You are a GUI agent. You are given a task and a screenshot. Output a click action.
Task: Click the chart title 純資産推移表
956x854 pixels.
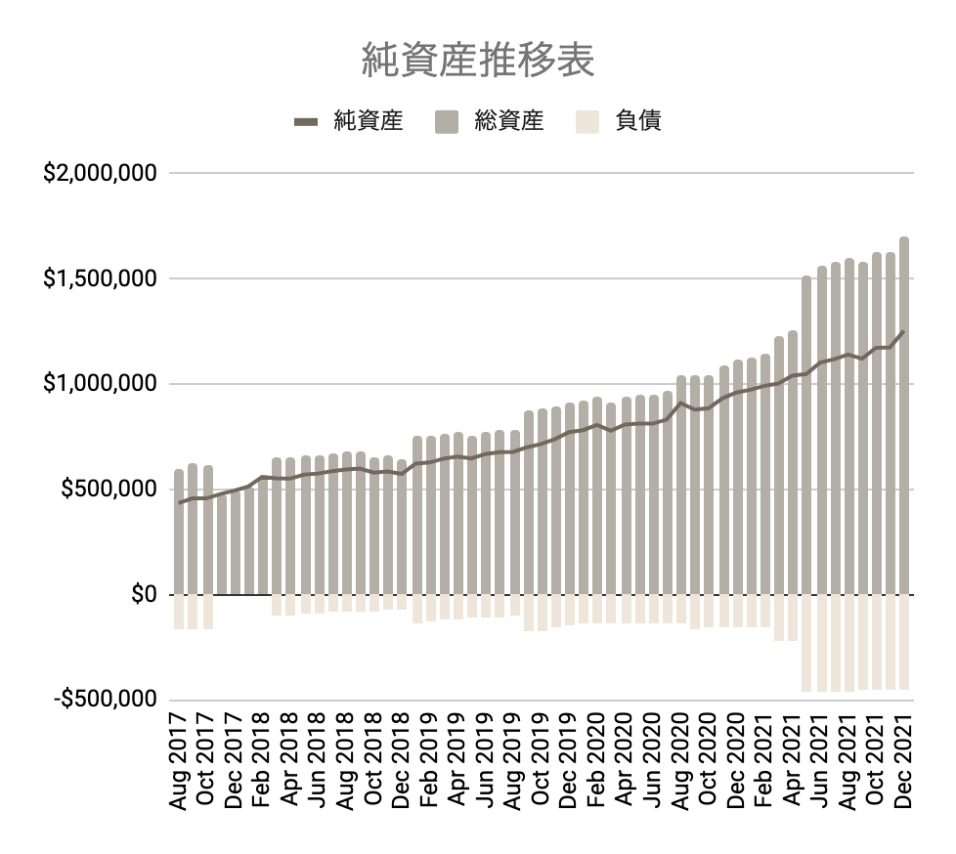pos(478,61)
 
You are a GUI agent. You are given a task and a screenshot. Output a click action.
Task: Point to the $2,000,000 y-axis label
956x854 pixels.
pos(99,174)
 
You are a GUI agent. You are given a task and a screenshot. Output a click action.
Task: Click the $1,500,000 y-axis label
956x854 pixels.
pos(99,278)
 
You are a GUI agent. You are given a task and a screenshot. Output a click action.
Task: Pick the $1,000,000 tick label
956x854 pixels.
pos(99,384)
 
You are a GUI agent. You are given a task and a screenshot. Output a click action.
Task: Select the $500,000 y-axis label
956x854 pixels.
pos(107,489)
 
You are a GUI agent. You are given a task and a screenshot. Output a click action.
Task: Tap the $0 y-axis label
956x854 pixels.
pos(144,594)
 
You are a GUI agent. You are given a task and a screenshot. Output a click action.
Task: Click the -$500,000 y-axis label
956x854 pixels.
pos(103,700)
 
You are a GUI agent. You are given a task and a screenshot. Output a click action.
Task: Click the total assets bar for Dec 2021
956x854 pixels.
pos(904,420)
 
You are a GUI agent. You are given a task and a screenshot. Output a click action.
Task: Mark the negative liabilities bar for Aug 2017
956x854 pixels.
pos(179,612)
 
